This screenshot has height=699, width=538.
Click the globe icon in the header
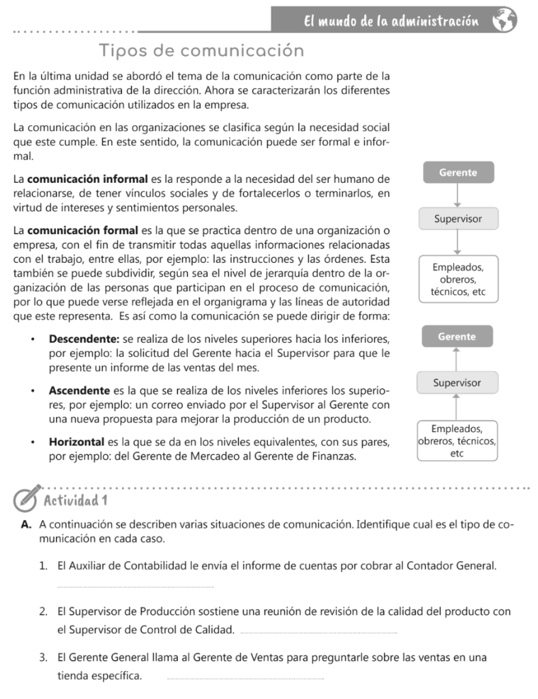(505, 20)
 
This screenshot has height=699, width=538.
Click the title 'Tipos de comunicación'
(201, 51)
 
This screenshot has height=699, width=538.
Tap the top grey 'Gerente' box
(458, 173)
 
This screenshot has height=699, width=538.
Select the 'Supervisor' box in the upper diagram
(458, 218)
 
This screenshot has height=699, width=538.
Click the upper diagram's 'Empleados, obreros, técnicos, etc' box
(458, 279)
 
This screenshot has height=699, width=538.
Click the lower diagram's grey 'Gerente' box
(457, 337)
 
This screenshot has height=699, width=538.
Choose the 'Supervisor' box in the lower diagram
(457, 383)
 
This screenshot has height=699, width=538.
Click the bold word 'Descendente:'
(85, 339)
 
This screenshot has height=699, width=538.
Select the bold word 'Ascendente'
(79, 391)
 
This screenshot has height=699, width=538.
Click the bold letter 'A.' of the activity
(27, 525)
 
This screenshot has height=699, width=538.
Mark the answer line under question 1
(135, 586)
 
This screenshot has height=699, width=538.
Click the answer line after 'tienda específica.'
(245, 679)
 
